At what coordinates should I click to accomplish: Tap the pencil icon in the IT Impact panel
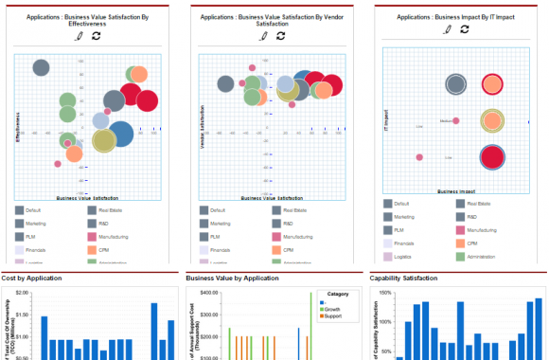coord(449,29)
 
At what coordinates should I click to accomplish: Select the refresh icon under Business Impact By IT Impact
coord(465,29)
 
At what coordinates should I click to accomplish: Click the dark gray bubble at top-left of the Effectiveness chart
coord(41,67)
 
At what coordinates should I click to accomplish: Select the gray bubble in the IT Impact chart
coord(455,84)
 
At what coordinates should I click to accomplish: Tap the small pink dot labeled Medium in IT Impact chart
coord(456,120)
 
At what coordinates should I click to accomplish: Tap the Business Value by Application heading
coord(233,279)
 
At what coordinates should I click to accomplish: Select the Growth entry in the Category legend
coord(333,309)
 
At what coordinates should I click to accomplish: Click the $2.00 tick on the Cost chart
coord(29,294)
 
